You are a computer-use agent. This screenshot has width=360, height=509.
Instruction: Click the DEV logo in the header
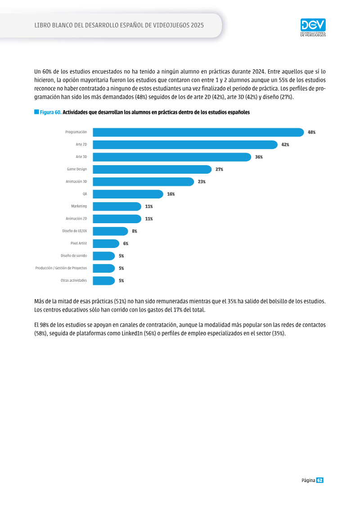pyautogui.click(x=313, y=27)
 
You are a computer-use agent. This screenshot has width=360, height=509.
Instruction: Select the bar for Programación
pyautogui.click(x=198, y=132)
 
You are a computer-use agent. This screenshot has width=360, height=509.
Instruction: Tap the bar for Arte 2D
pyautogui.click(x=185, y=145)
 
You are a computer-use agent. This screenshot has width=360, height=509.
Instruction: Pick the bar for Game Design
pyautogui.click(x=152, y=170)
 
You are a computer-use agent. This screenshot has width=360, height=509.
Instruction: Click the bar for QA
pyautogui.click(x=128, y=194)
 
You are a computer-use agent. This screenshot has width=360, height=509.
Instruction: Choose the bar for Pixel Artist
pyautogui.click(x=106, y=243)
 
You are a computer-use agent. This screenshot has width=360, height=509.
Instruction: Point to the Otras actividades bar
pyautogui.click(x=104, y=281)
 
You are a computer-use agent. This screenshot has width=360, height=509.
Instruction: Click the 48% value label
pyautogui.click(x=312, y=132)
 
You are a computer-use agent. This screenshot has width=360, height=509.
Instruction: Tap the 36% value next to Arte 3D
pyautogui.click(x=259, y=157)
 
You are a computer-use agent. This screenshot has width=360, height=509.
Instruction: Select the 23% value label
pyautogui.click(x=202, y=182)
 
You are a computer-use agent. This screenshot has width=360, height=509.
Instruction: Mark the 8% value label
pyautogui.click(x=135, y=231)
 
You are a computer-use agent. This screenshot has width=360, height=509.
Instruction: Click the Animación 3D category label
pyautogui.click(x=76, y=181)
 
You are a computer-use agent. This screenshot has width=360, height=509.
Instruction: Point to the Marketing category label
pyautogui.click(x=79, y=206)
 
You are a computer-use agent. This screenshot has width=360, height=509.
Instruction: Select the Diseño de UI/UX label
pyautogui.click(x=75, y=231)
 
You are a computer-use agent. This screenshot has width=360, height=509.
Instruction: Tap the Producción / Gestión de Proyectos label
pyautogui.click(x=61, y=268)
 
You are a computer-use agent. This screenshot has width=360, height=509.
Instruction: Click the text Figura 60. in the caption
pyautogui.click(x=51, y=113)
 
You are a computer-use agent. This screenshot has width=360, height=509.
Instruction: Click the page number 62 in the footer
pyautogui.click(x=320, y=481)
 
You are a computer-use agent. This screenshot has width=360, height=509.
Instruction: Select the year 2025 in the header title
pyautogui.click(x=198, y=25)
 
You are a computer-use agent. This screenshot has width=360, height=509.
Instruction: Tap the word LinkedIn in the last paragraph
pyautogui.click(x=132, y=333)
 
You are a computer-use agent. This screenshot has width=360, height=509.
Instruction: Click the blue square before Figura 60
pyautogui.click(x=36, y=112)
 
